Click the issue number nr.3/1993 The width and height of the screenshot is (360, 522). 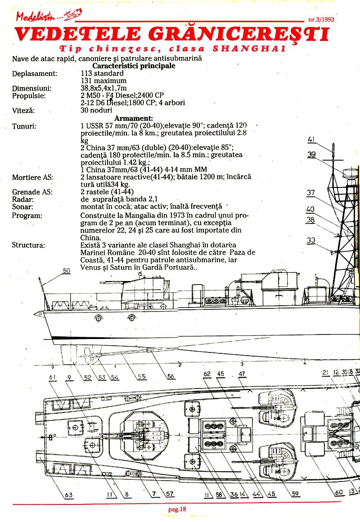(324, 20)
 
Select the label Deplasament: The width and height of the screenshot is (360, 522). (35, 73)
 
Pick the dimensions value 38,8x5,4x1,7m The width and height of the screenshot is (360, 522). (103, 88)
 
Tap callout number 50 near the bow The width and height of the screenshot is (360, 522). (67, 271)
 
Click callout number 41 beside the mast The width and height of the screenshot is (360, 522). (311, 139)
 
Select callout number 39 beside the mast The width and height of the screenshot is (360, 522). (311, 154)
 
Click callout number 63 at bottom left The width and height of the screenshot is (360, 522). (68, 495)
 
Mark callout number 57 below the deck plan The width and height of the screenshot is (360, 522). (170, 494)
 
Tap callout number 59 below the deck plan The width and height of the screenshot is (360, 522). (295, 494)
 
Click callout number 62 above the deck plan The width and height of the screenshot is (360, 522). (207, 374)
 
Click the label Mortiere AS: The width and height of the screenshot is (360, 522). (32, 177)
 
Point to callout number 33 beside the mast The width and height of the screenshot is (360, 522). (311, 241)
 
